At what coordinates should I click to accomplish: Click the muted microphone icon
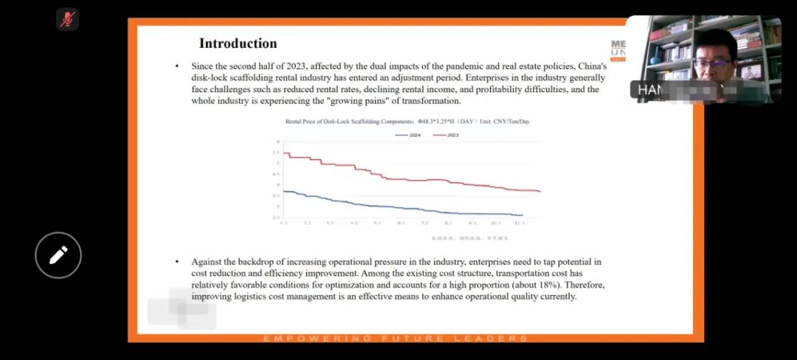67,19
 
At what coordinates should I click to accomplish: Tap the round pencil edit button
58,255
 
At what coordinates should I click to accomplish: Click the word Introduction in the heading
238,44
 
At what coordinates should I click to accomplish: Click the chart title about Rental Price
407,121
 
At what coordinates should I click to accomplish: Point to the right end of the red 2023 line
540,192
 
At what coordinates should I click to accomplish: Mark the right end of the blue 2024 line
522,215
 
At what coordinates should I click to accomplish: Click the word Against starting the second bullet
207,262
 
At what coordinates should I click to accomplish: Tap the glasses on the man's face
712,63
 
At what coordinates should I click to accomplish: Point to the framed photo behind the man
751,72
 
